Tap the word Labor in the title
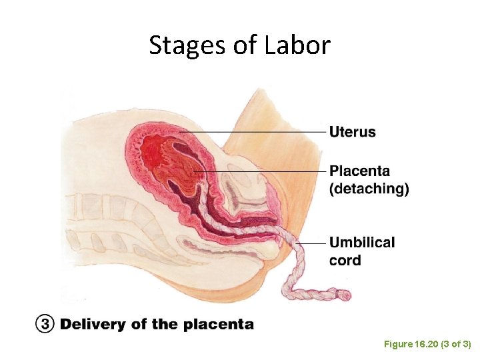point(297,45)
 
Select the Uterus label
point(352,132)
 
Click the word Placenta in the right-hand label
point(360,172)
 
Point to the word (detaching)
point(369,189)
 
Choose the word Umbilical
point(362,243)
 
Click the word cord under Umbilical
point(345,260)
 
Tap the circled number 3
point(43,325)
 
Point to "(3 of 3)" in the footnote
point(454,344)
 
